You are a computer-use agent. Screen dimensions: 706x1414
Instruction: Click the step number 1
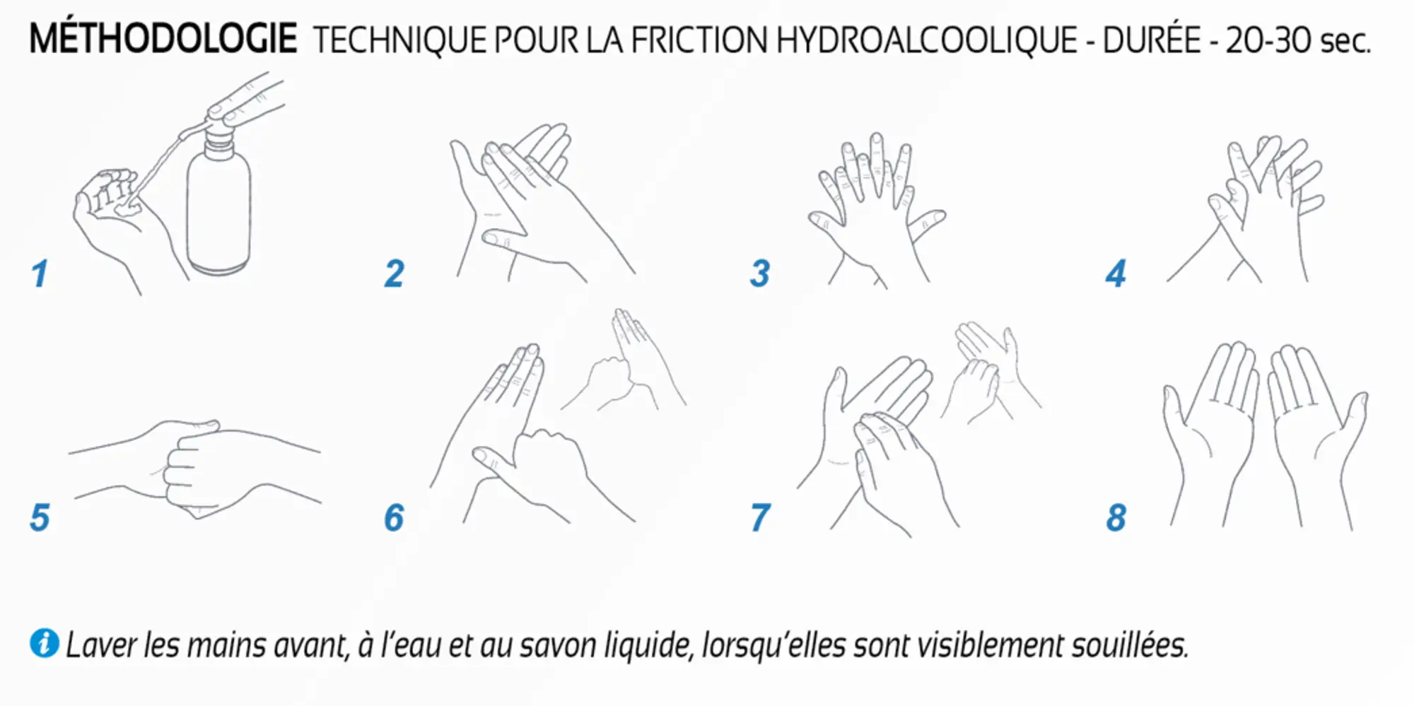[40, 274]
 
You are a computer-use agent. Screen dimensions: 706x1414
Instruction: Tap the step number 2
[395, 274]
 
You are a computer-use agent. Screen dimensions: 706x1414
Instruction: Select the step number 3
[760, 274]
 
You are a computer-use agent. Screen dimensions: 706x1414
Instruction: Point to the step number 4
[1116, 274]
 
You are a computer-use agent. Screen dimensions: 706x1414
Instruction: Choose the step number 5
[40, 517]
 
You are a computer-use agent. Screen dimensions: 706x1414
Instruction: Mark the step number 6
[394, 517]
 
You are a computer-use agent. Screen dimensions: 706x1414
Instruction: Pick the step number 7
[760, 517]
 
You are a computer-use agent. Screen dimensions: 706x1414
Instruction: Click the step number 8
[1116, 517]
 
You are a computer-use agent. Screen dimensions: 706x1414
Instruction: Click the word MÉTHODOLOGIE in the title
[163, 39]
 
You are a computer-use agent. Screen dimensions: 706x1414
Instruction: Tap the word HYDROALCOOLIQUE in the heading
[926, 40]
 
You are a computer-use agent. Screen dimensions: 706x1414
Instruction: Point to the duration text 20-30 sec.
[1297, 40]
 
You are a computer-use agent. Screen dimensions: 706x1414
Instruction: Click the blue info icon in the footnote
[44, 643]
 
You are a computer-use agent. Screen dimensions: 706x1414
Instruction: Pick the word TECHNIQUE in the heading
[399, 40]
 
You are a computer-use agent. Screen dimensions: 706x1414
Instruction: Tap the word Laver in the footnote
[101, 645]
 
